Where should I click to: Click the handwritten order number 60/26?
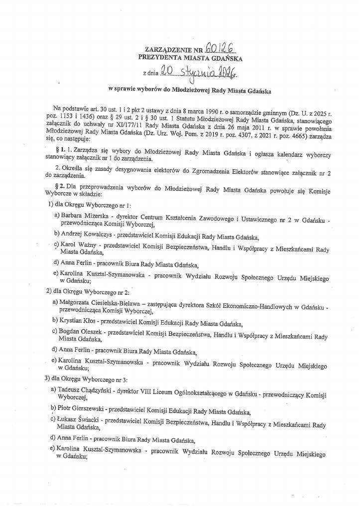[219, 47]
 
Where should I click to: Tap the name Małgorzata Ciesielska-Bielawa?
[104, 302]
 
